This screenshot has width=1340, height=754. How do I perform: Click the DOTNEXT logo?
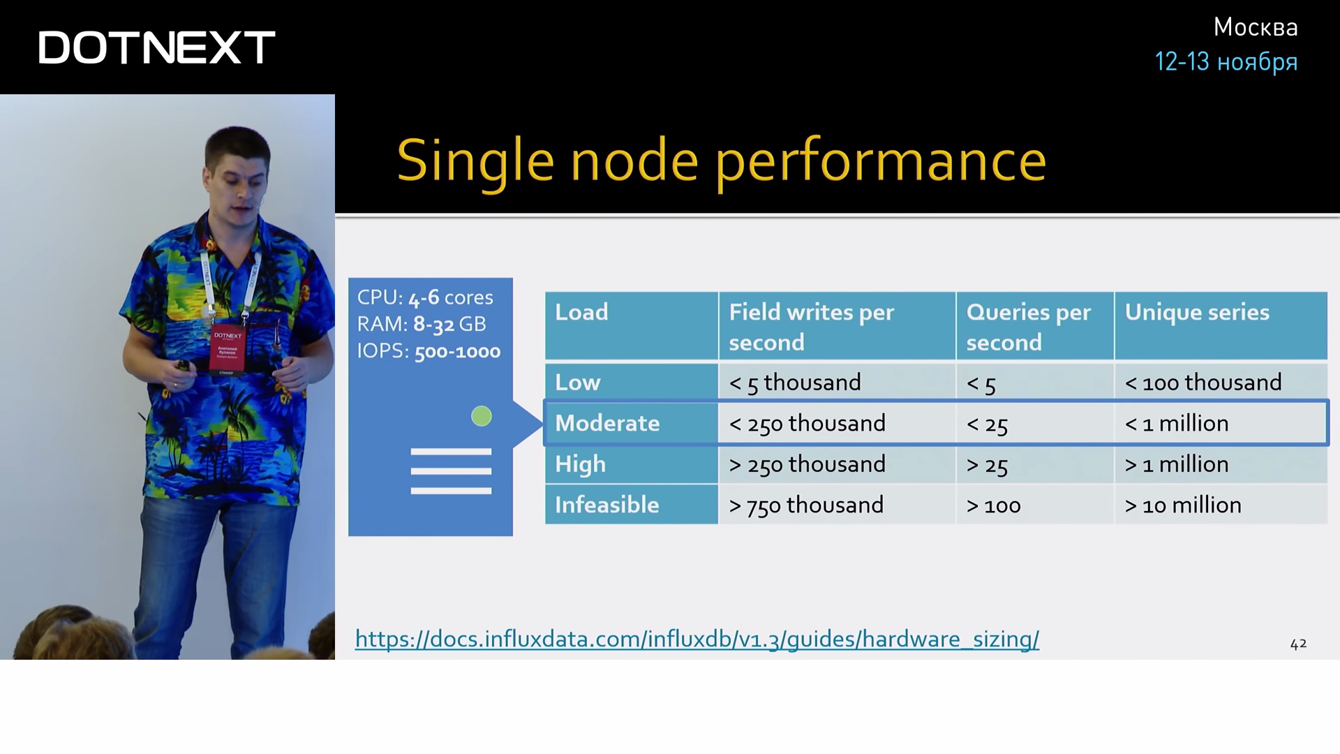point(157,47)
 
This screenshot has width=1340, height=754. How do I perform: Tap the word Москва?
point(1256,27)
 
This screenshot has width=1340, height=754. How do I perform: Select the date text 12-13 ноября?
point(1226,61)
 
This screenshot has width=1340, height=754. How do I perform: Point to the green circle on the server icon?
point(482,416)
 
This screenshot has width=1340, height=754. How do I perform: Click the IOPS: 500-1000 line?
point(429,350)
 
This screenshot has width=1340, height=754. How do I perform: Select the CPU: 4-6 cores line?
point(425,297)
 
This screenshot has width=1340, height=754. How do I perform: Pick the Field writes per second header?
point(811,327)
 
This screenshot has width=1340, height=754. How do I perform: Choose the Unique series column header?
point(1197,312)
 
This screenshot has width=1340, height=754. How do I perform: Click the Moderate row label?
point(607,423)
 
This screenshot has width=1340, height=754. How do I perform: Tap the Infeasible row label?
point(606,505)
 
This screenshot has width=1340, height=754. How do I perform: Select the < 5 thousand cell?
point(795,383)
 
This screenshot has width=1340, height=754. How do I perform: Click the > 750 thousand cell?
point(806,505)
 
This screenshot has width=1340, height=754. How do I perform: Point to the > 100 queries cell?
point(993,505)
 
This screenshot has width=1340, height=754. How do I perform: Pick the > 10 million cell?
point(1183,505)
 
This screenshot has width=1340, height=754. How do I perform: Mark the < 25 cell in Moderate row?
point(987,424)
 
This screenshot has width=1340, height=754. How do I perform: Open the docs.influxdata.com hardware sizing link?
point(697,639)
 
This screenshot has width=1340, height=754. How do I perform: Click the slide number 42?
point(1298,644)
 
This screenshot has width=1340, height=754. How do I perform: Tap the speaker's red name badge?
point(228,347)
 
